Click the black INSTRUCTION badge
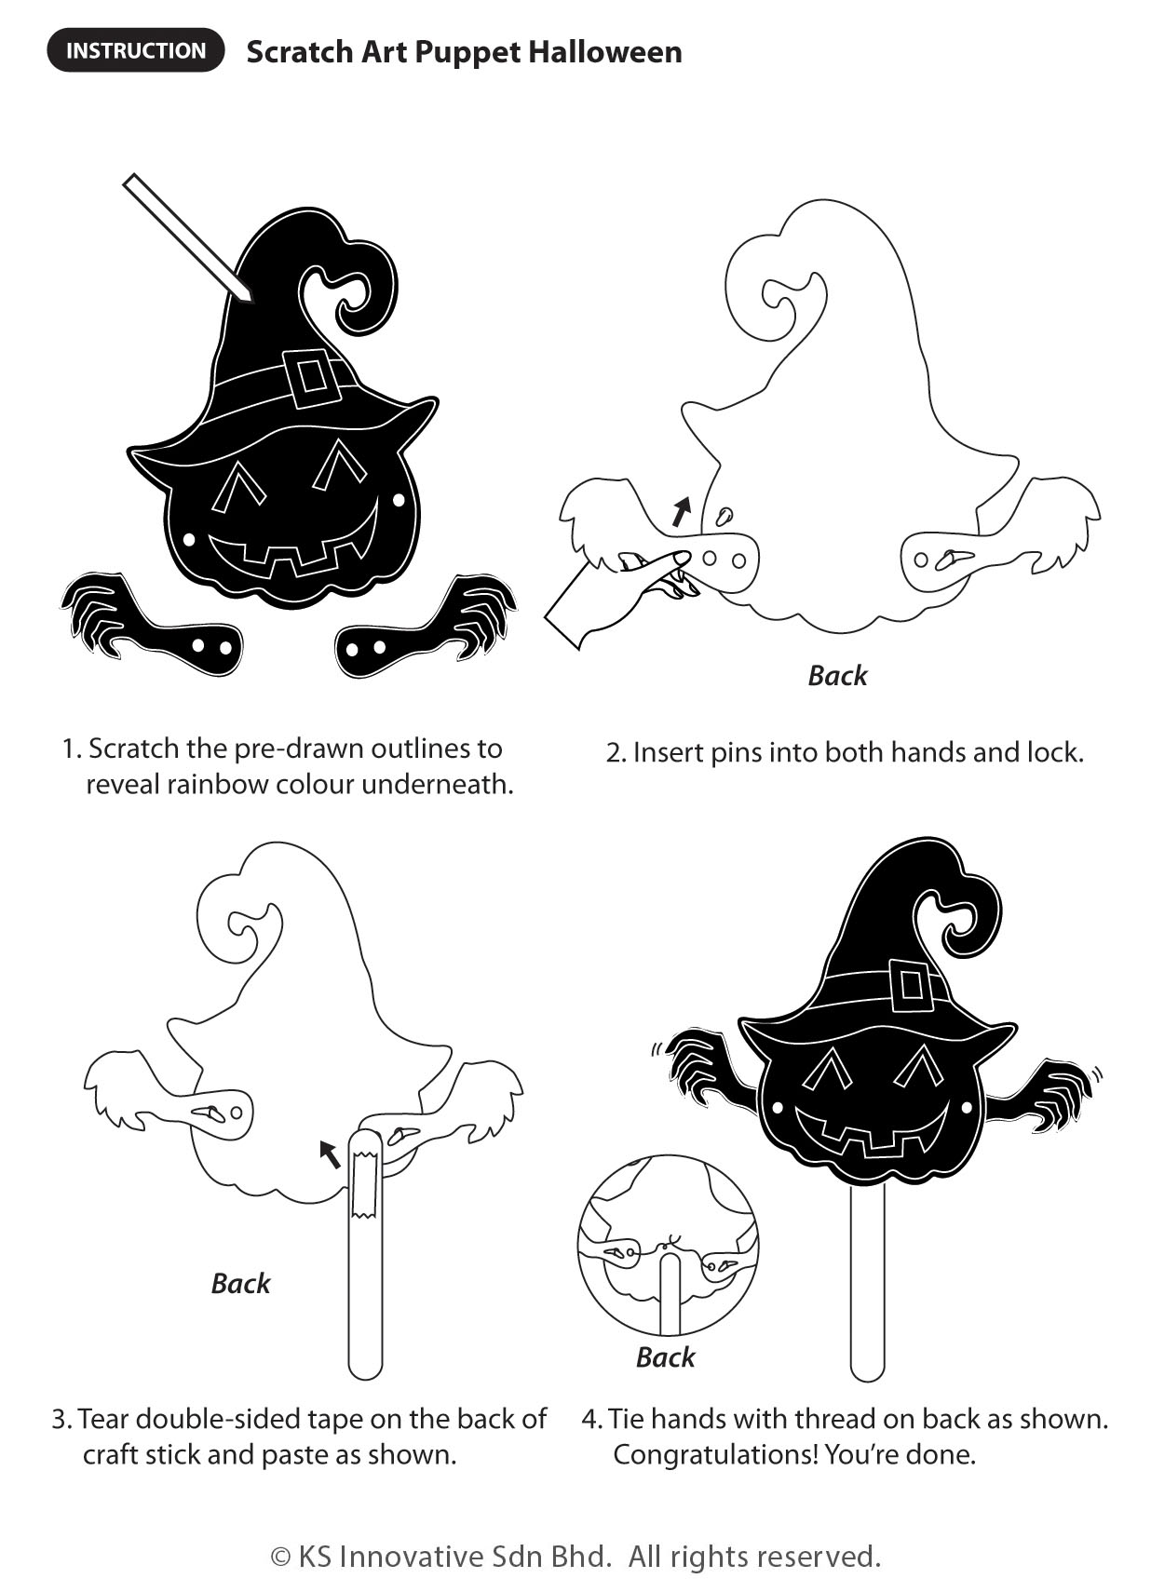pos(136,50)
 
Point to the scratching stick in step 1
pos(188,238)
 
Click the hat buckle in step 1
pos(309,377)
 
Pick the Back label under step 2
pos(837,675)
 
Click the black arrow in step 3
pos(329,1154)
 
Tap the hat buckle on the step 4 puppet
pos(910,986)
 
